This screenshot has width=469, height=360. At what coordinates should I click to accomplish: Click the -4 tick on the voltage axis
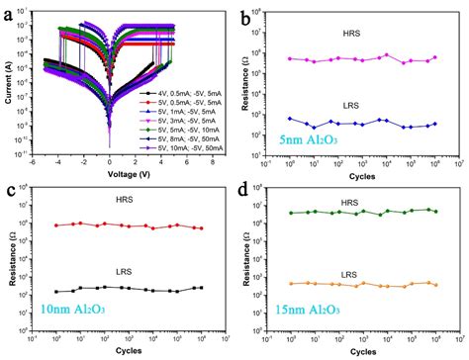click(57, 162)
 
